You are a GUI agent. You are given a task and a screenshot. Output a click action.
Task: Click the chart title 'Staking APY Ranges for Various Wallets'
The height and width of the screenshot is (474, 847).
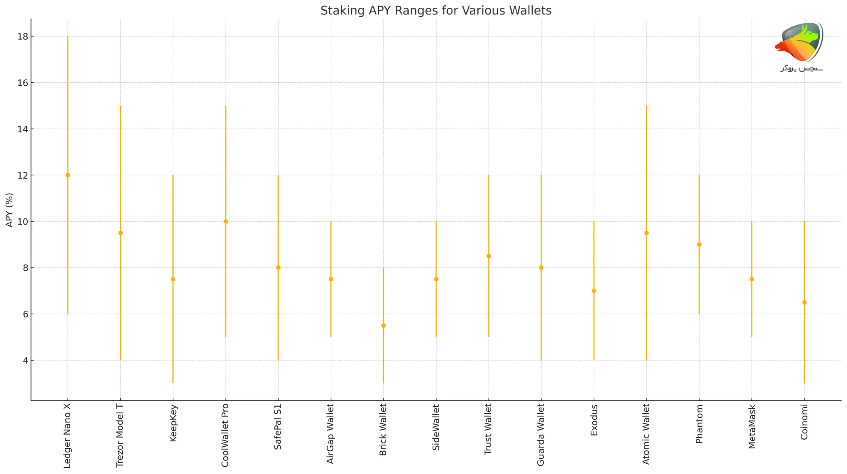(435, 10)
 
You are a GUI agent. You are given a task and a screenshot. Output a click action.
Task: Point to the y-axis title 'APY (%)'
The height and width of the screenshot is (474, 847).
(10, 210)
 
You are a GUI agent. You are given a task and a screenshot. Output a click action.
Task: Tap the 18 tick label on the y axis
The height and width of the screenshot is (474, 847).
(23, 37)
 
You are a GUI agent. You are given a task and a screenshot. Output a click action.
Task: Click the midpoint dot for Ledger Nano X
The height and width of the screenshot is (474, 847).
(68, 175)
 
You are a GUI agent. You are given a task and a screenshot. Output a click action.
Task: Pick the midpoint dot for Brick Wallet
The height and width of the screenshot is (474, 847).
(383, 326)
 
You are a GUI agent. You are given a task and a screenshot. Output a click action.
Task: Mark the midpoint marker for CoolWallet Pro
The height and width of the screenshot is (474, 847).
(226, 222)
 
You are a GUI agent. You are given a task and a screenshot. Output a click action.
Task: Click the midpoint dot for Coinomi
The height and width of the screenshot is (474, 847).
(804, 302)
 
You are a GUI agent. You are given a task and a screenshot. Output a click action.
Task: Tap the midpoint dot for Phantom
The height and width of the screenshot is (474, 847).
(699, 244)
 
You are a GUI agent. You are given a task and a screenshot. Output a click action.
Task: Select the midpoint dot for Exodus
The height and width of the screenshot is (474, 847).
(594, 291)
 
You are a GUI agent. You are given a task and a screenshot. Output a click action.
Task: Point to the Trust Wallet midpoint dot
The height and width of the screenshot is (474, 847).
(489, 256)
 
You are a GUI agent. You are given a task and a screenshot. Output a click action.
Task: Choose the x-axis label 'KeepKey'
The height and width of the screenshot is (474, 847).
(173, 423)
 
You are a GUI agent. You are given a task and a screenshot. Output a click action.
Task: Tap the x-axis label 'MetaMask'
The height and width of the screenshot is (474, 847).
(752, 426)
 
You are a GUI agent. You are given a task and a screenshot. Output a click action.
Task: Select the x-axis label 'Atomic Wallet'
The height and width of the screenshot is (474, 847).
(646, 434)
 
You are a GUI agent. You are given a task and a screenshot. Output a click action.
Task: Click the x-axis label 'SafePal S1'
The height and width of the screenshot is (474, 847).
(278, 427)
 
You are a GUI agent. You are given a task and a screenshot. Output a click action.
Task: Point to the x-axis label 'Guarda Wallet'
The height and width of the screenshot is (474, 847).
(541, 435)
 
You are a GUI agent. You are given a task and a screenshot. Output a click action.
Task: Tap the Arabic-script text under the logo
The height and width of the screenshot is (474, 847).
(802, 68)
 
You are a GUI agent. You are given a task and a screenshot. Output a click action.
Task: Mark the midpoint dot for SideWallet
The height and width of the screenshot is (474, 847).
(436, 279)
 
